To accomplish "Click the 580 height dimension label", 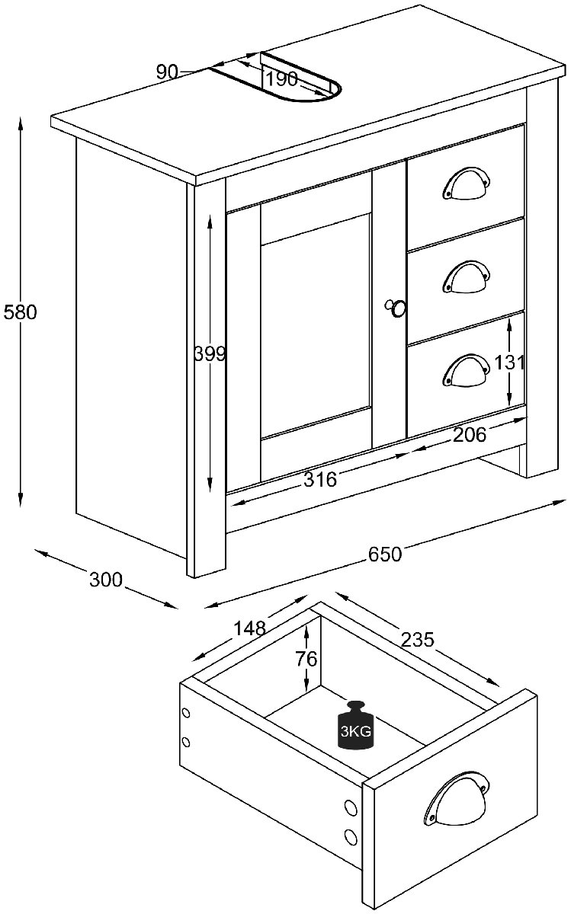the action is point(20,312).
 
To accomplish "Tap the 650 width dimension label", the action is point(385,554).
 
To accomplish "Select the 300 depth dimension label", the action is point(106,580).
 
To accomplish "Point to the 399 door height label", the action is point(210,353).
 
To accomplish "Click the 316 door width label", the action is point(320,479).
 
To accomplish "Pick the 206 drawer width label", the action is point(470,435).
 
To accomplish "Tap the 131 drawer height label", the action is point(509,363).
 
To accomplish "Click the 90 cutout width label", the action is point(167,72).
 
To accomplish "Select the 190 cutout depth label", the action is point(282,78).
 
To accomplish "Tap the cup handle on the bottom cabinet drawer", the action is point(467,369).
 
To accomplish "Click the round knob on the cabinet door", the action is point(396,308).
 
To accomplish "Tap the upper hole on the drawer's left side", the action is point(186,714).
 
